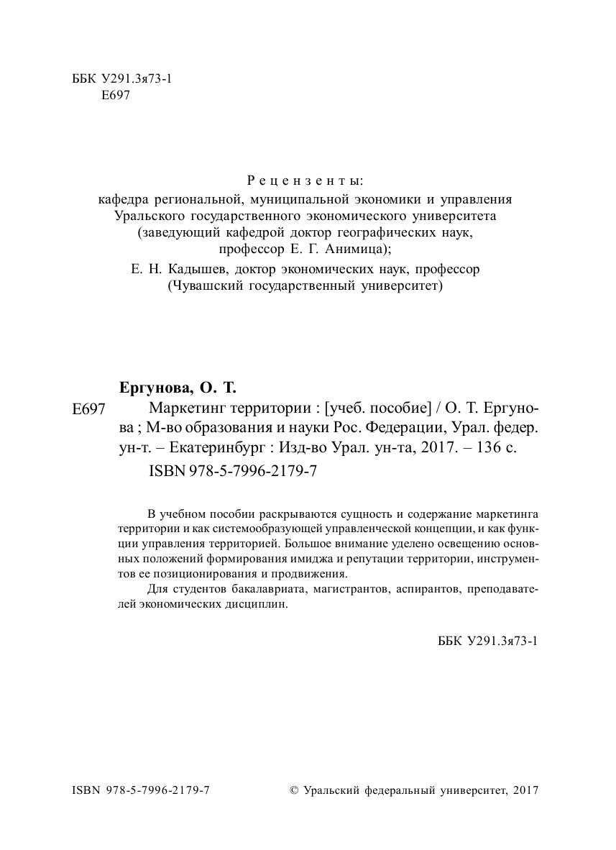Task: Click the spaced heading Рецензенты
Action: pyautogui.click(x=305, y=180)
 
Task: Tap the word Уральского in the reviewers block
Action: pyautogui.click(x=148, y=215)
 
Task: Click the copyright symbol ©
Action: pyautogui.click(x=293, y=790)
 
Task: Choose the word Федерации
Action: pyautogui.click(x=403, y=428)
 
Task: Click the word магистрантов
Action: pyautogui.click(x=345, y=590)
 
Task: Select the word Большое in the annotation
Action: pyautogui.click(x=312, y=543)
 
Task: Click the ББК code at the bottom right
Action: pyautogui.click(x=487, y=641)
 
